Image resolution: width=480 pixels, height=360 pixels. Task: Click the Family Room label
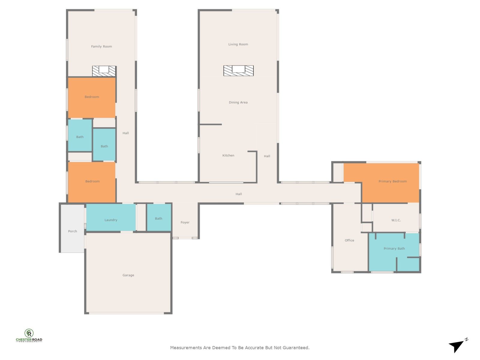[101, 46]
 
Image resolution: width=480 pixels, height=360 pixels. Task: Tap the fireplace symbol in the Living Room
[238, 70]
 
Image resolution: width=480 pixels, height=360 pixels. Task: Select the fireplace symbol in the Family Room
[104, 71]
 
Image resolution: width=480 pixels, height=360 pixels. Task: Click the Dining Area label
[238, 103]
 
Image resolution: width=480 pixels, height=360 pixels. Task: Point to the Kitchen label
[228, 155]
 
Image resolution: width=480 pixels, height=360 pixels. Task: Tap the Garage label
[128, 275]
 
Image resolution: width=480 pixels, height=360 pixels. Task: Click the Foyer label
[185, 223]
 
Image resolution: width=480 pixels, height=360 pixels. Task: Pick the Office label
[349, 240]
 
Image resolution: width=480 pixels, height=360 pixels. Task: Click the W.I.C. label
[396, 220]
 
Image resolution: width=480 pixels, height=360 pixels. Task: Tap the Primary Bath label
[394, 248]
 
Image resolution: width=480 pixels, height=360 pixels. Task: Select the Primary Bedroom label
[393, 181]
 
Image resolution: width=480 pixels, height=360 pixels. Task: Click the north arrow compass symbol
[457, 346]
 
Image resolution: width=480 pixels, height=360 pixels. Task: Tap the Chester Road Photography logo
[29, 335]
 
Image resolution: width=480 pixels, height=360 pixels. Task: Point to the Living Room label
[238, 44]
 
